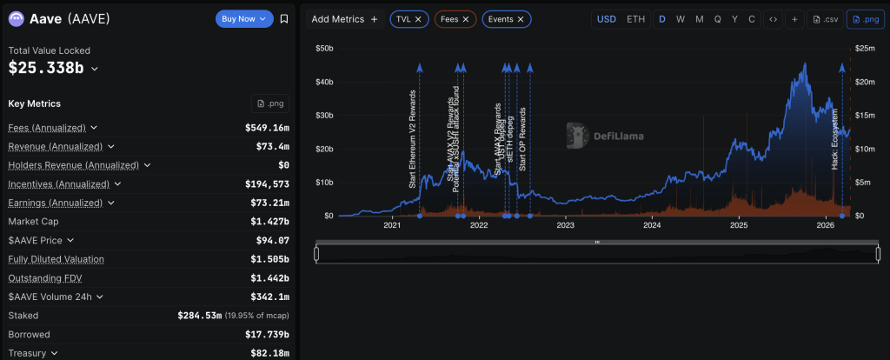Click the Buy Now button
click(x=243, y=18)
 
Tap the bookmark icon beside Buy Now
click(x=284, y=18)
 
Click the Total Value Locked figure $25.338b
click(x=47, y=68)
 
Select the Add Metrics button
click(x=345, y=18)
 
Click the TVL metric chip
click(x=408, y=18)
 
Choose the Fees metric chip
click(x=455, y=18)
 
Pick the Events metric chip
click(x=507, y=18)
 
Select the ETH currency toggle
click(x=636, y=18)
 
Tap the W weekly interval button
click(x=681, y=18)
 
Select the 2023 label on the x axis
click(x=566, y=225)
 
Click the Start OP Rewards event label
click(x=522, y=139)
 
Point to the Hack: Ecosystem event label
click(x=835, y=139)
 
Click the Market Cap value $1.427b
click(x=269, y=221)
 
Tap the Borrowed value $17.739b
click(x=265, y=334)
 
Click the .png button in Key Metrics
click(x=270, y=103)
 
